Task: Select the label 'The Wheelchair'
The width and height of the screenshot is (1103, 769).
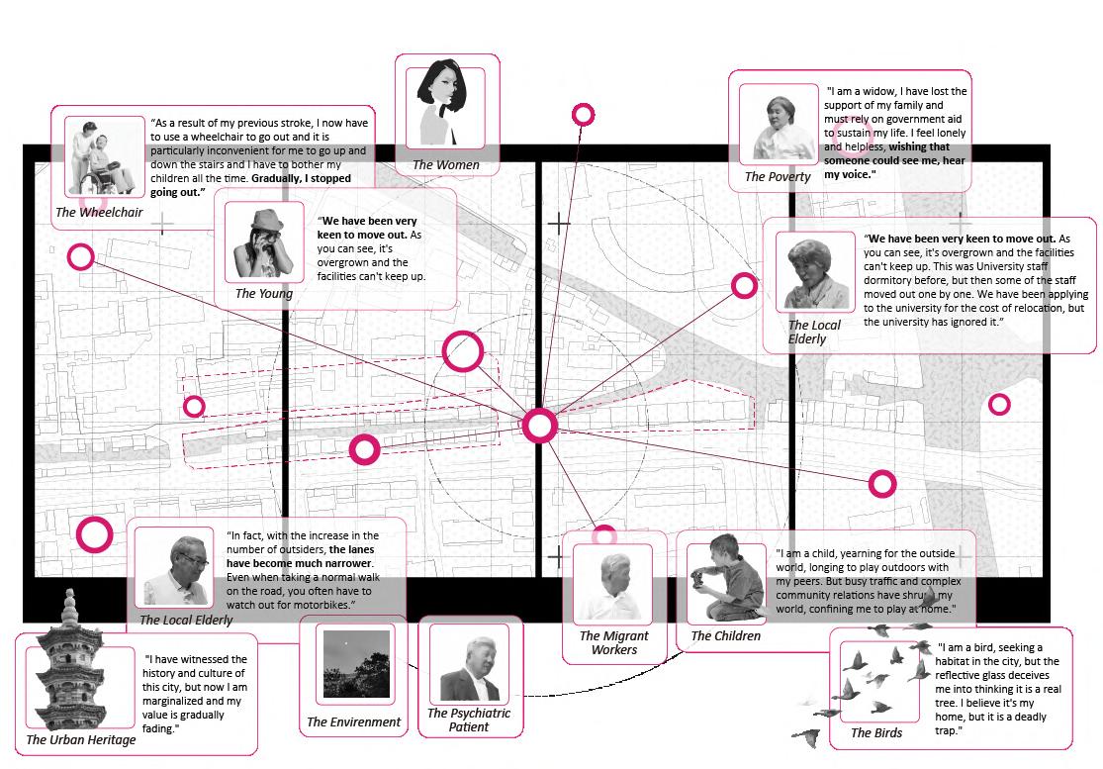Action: tap(99, 212)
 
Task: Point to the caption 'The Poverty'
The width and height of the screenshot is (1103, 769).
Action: tap(778, 176)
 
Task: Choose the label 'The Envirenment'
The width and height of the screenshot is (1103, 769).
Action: tap(353, 721)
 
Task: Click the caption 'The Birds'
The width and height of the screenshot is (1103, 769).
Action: tap(876, 732)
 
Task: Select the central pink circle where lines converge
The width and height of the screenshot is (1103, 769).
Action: tap(539, 426)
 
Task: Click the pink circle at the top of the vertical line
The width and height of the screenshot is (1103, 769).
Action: tap(584, 115)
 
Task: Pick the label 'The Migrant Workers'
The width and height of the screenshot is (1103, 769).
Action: tap(613, 642)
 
